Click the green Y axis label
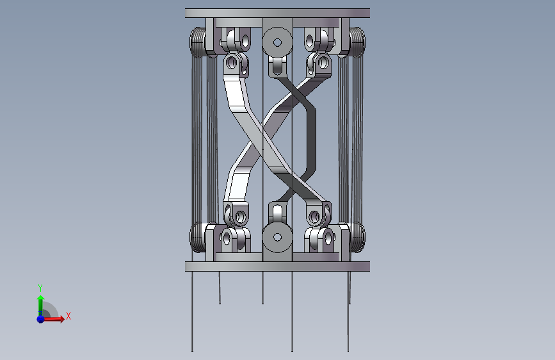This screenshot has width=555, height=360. (x=40, y=288)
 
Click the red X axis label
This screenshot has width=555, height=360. (x=68, y=316)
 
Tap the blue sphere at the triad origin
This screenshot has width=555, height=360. (x=41, y=319)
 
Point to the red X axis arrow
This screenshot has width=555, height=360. (x=53, y=319)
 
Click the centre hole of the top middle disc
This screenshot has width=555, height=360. (x=278, y=42)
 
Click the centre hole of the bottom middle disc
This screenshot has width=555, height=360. (x=278, y=237)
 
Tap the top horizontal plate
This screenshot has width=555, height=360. (x=278, y=13)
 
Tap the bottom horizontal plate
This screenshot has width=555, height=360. (x=278, y=266)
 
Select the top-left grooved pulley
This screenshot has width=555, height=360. (x=198, y=42)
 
